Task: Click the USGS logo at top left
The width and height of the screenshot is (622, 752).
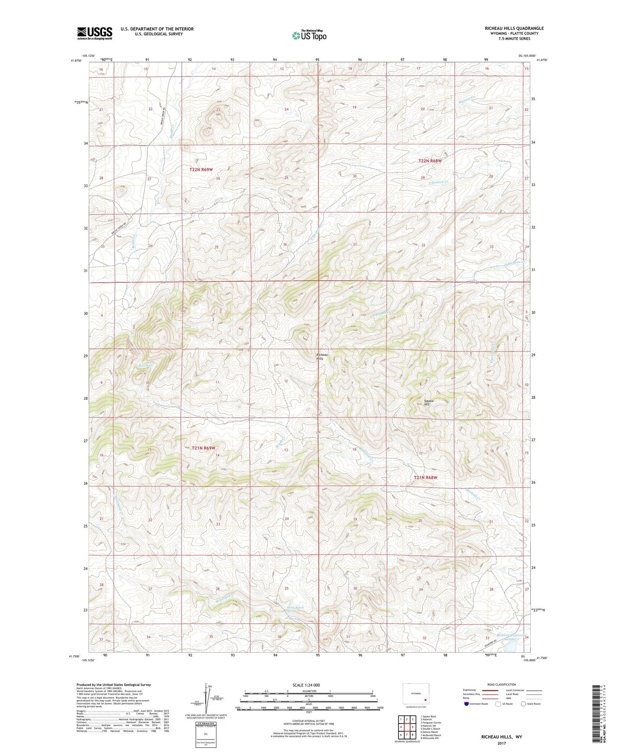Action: point(95,33)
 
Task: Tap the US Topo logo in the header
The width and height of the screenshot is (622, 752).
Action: point(309,35)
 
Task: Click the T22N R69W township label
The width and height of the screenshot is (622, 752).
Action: point(201,170)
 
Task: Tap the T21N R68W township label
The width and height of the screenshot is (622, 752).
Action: point(425,478)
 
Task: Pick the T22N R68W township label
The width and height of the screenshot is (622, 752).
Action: point(430,161)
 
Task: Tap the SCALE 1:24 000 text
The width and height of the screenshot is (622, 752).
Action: point(306,685)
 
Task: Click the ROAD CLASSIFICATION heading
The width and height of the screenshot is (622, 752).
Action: point(501,684)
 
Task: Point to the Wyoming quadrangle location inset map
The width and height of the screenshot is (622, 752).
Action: point(415,695)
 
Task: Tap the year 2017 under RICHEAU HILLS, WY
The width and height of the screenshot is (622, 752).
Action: point(501,743)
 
